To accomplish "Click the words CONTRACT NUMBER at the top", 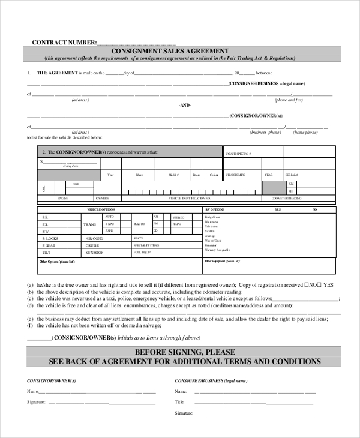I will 64,42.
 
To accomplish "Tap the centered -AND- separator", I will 185,105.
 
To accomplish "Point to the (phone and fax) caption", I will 289,100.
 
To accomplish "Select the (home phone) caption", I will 305,132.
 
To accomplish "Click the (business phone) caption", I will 265,132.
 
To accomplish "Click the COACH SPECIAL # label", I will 238,154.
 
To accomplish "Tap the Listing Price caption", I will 71,166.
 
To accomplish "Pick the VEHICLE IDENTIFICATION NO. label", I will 189,197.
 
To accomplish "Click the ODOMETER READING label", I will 286,197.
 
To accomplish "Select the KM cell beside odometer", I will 291,183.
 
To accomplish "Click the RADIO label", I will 139,223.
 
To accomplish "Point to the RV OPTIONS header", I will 214,209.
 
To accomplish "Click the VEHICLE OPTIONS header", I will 101,209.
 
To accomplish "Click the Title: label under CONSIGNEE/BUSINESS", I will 180,402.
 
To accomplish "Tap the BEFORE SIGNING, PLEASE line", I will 185,352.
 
